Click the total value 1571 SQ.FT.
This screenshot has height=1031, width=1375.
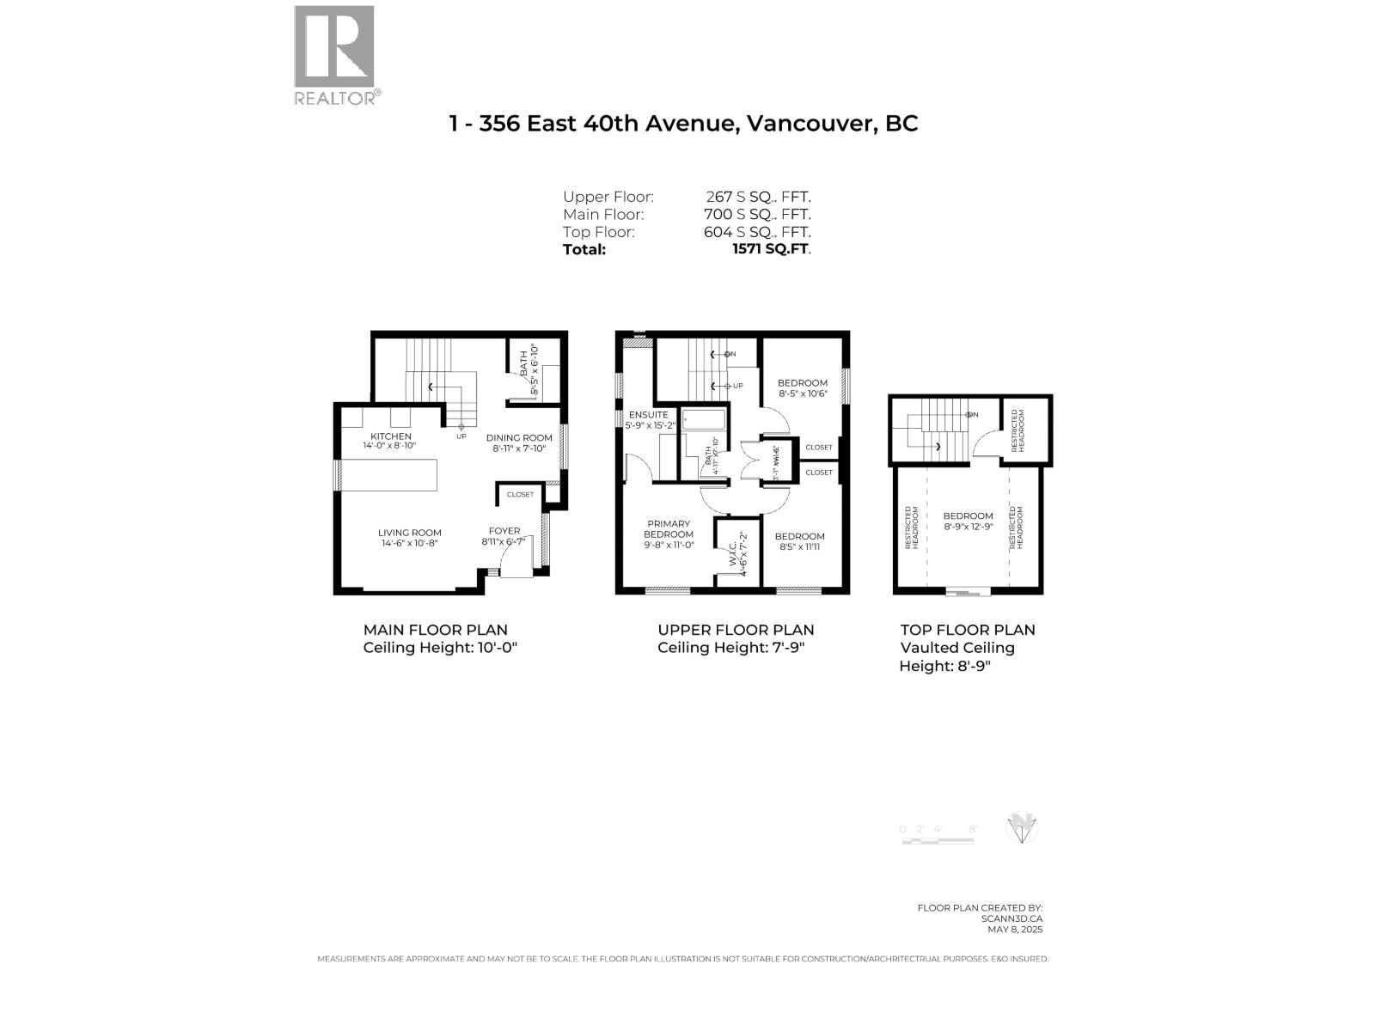click(771, 249)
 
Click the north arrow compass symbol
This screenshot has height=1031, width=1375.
click(1021, 829)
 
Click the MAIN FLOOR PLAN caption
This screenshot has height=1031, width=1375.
click(435, 630)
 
